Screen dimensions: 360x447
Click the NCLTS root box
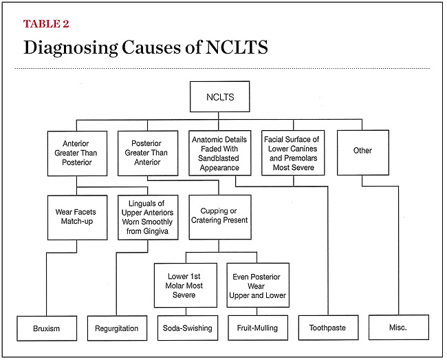pyautogui.click(x=219, y=97)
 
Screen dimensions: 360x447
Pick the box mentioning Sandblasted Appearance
pyautogui.click(x=220, y=153)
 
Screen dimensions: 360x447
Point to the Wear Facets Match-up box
pyautogui.click(x=77, y=218)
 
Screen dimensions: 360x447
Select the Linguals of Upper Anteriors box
pyautogui.click(x=148, y=218)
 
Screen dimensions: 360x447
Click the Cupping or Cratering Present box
pyautogui.click(x=219, y=218)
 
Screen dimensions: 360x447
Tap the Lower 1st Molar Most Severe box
pyautogui.click(x=184, y=285)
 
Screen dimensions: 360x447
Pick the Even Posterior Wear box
pyautogui.click(x=257, y=285)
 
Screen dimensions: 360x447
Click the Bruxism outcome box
pyautogui.click(x=45, y=328)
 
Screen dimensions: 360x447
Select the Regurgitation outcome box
pyautogui.click(x=116, y=328)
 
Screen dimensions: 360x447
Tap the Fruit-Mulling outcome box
pyautogui.click(x=257, y=328)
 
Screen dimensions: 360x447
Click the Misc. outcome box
pyautogui.click(x=398, y=328)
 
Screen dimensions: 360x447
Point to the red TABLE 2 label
pyautogui.click(x=46, y=24)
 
